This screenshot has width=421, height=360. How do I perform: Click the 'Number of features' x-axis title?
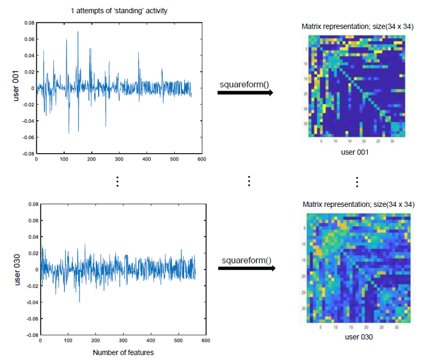click(x=123, y=352)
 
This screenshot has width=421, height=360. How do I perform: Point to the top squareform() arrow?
click(x=245, y=93)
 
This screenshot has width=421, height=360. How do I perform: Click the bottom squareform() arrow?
click(x=245, y=268)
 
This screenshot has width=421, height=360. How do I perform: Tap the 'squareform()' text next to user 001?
click(x=244, y=84)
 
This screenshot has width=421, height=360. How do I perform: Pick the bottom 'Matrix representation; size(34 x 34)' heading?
click(x=358, y=204)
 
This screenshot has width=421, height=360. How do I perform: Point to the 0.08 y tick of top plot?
click(x=29, y=23)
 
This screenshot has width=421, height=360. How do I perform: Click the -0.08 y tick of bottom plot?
click(x=32, y=334)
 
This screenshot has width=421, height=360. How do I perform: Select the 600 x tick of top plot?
click(x=201, y=159)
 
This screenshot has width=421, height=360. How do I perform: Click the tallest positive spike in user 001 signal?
click(x=78, y=32)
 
